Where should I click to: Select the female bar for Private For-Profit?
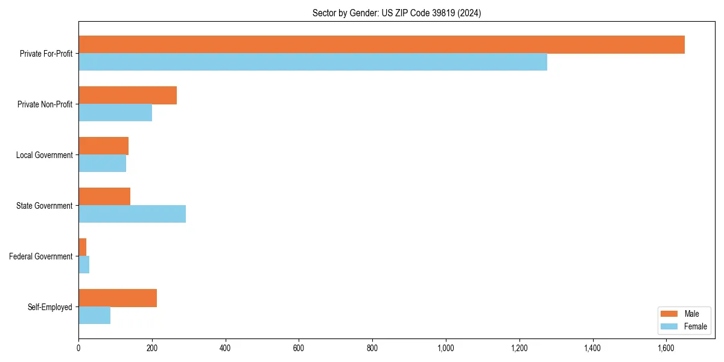tap(313, 62)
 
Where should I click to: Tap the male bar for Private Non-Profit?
tap(127, 95)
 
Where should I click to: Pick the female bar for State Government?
tap(132, 214)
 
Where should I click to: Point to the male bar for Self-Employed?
tap(118, 298)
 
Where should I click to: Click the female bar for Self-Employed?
tap(95, 316)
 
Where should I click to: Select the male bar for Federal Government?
tap(83, 247)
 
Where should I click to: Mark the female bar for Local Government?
tap(103, 164)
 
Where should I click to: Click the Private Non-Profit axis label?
tap(45, 104)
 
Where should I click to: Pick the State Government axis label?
tap(44, 206)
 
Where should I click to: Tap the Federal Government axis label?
tap(41, 256)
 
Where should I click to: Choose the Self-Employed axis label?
tap(50, 307)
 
